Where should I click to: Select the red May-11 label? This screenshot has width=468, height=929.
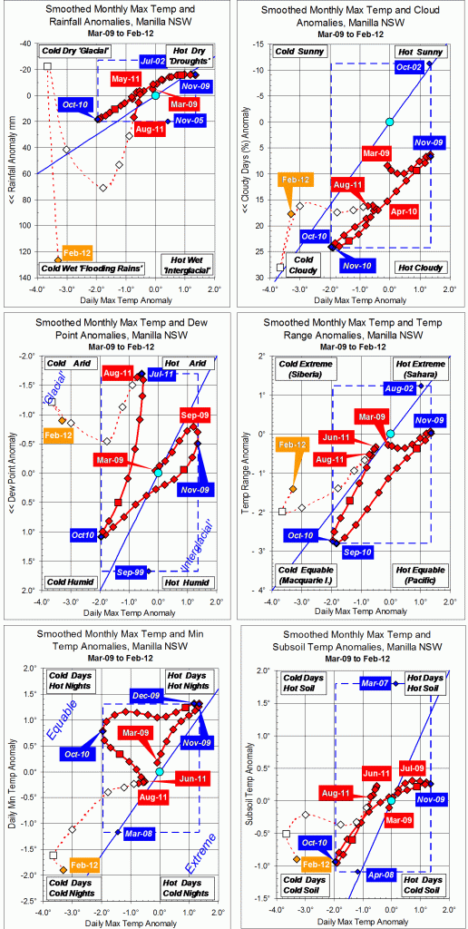[125, 80]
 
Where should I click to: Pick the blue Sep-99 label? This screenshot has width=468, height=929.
[132, 572]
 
